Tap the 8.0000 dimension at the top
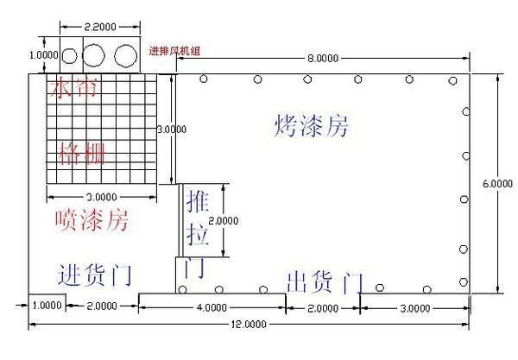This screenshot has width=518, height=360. (x=321, y=59)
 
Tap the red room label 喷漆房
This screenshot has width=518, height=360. (x=92, y=220)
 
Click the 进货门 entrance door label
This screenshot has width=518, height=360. (x=94, y=275)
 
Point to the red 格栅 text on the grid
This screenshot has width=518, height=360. (x=81, y=155)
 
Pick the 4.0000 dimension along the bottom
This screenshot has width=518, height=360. (x=212, y=308)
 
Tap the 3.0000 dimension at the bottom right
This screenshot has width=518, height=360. (x=413, y=308)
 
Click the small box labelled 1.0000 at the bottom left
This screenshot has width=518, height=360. (x=47, y=306)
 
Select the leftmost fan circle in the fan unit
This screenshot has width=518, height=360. (x=70, y=57)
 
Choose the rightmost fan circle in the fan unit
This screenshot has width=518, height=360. (x=126, y=57)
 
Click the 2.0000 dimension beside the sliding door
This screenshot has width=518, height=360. (x=223, y=220)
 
